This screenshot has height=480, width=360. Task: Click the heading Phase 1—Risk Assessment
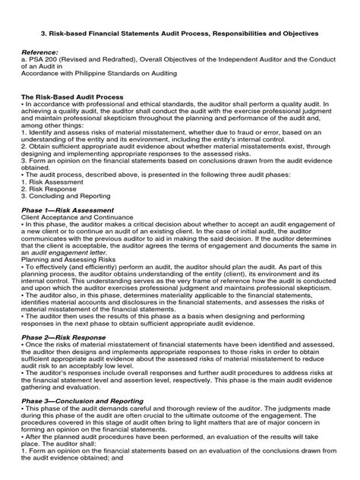coord(68,210)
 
